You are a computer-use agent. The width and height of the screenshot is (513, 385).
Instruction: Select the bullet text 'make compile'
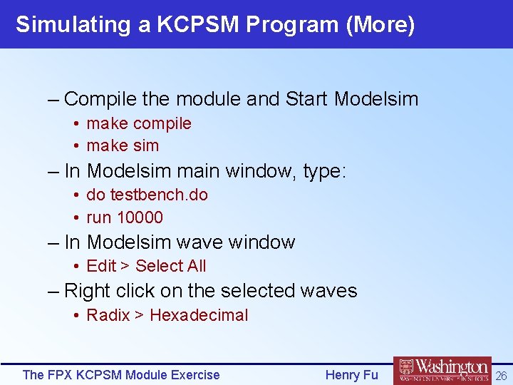click(138, 123)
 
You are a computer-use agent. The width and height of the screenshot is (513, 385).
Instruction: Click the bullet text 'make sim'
click(123, 145)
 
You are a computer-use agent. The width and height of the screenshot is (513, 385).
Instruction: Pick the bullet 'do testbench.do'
click(147, 195)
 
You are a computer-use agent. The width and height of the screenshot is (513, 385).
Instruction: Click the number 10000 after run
click(139, 217)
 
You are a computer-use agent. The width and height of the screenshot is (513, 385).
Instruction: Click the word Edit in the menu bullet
click(101, 266)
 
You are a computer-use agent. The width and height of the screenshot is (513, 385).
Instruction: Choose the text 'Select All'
click(170, 266)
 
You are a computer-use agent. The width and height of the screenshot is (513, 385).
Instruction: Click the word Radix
click(108, 315)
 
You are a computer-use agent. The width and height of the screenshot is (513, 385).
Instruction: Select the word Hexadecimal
click(199, 315)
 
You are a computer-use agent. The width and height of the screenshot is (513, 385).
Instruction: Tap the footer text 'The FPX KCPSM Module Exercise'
click(121, 374)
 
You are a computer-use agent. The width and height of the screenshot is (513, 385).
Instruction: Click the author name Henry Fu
click(351, 374)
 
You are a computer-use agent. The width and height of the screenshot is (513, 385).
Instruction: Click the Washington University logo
click(442, 371)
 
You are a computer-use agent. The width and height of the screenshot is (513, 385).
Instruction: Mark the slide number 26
click(501, 375)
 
